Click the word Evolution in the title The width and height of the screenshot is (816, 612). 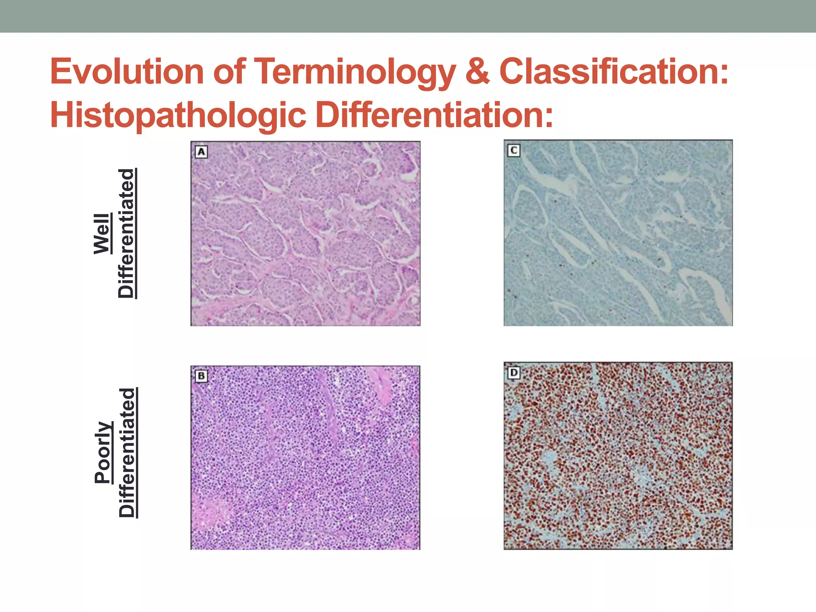[x=127, y=72]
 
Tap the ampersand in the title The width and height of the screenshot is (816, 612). [x=477, y=72]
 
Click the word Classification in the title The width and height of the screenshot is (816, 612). [x=614, y=72]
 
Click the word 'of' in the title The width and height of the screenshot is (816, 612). [x=229, y=72]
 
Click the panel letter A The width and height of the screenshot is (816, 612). [x=201, y=152]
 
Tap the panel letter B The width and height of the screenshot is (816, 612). [x=201, y=376]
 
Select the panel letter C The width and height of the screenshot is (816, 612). [x=514, y=151]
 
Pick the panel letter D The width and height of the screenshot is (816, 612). [x=514, y=373]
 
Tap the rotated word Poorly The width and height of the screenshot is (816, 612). [x=103, y=453]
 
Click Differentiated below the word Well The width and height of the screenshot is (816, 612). [x=127, y=233]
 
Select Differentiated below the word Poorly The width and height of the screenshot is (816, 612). [x=127, y=453]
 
